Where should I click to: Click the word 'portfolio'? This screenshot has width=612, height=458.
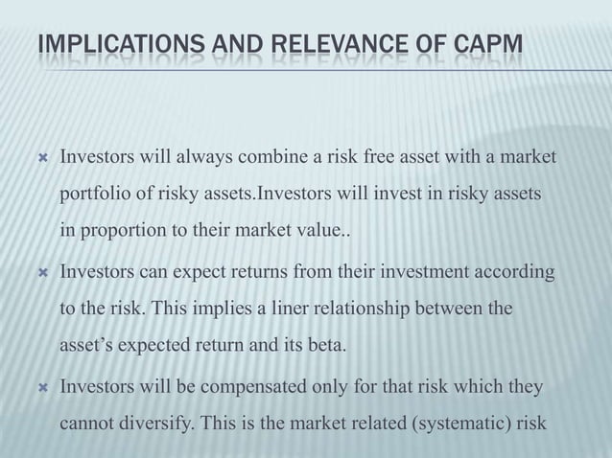coord(95,195)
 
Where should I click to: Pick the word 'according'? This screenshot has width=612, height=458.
coord(516,273)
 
